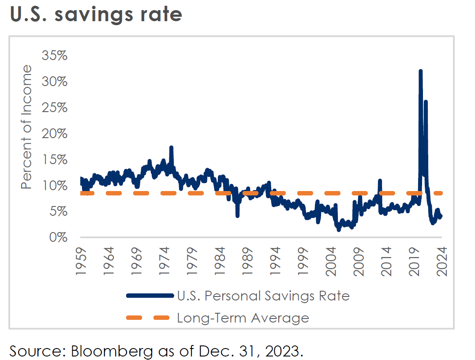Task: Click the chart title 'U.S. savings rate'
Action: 96,15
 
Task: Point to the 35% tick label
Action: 54,56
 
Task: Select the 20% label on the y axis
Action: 54,134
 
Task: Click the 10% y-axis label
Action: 54,185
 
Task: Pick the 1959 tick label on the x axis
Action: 81,261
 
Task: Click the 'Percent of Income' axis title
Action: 27,127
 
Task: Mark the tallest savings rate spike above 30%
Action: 420,71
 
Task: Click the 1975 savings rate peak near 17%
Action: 171,148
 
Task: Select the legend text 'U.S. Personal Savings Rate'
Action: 263,296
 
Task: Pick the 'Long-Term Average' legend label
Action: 243,318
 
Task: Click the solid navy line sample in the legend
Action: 149,296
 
